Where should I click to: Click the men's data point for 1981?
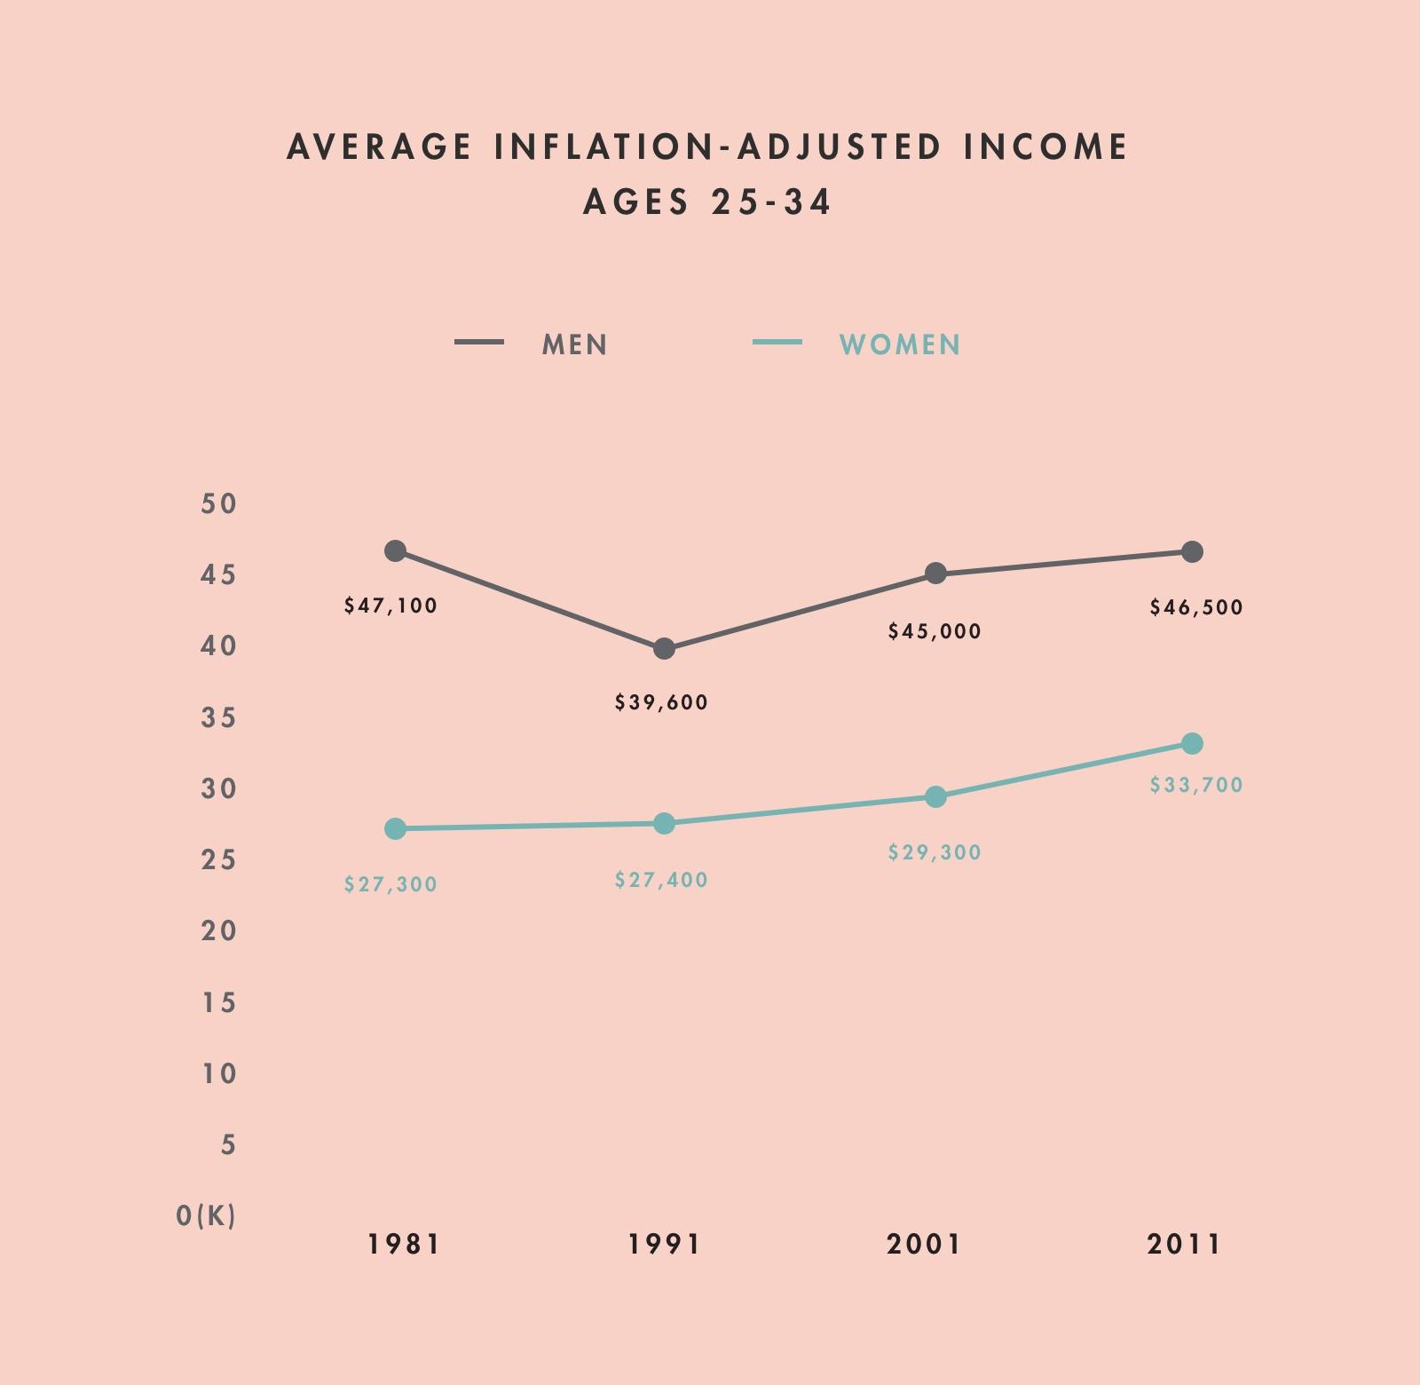396,550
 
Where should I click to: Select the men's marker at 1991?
664,649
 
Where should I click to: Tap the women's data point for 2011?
1192,743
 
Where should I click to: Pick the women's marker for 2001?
935,797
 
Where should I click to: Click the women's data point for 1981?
396,828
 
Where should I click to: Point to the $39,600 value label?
661,702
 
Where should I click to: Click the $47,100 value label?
390,605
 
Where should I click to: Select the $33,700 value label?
1196,785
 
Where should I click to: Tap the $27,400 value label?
661,880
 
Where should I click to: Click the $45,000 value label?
935,631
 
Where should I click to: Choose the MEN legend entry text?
575,344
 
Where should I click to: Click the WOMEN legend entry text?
900,344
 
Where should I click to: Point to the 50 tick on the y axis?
219,503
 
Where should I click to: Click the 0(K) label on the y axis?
206,1215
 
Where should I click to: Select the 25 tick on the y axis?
219,859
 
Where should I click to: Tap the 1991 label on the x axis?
665,1244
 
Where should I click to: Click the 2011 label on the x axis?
1184,1244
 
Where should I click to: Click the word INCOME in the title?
1046,146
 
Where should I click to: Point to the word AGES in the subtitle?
635,202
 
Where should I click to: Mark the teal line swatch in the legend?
777,342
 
